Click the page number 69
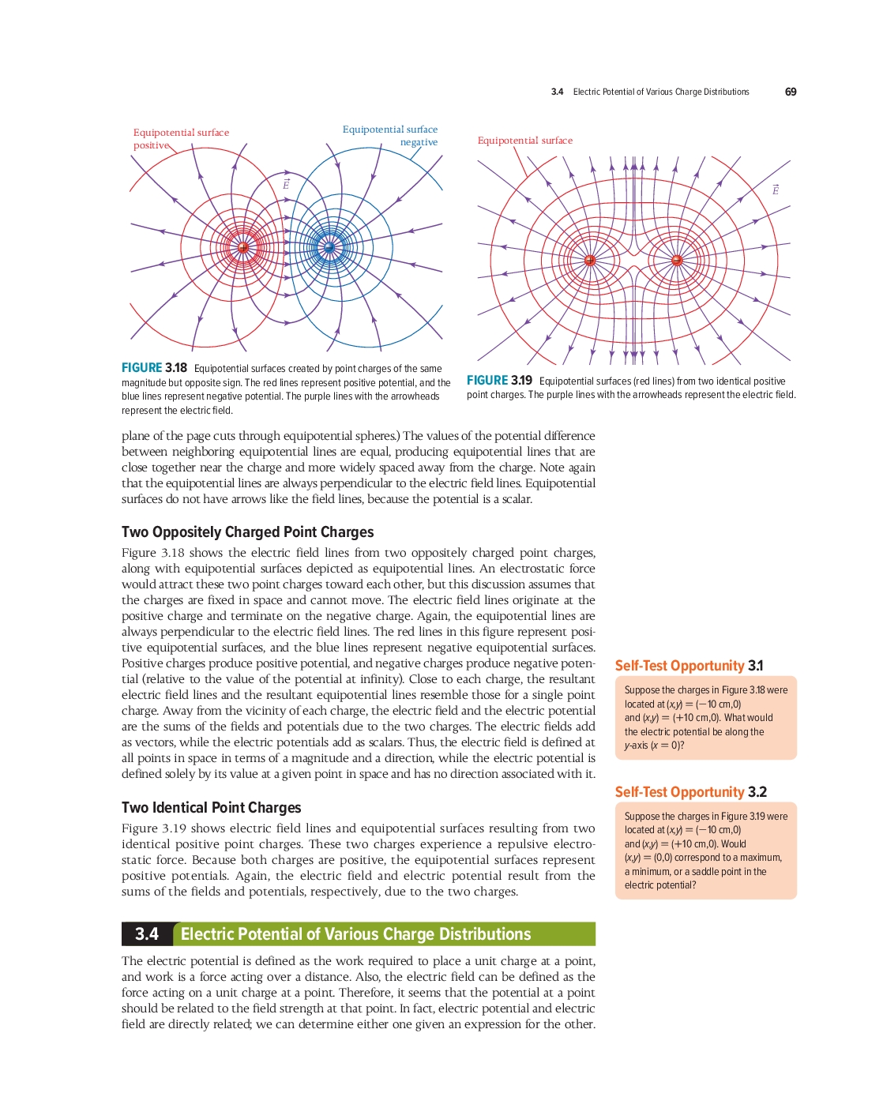click(790, 92)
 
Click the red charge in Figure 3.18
click(243, 248)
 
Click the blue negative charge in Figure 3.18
click(329, 248)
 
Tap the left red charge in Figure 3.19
click(589, 261)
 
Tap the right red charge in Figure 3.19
click(676, 261)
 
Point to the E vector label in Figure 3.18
click(286, 184)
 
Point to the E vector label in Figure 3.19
click(776, 190)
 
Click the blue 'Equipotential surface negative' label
click(390, 135)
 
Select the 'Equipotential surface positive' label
click(181, 138)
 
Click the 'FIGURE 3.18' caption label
click(154, 368)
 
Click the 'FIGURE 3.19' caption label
click(499, 381)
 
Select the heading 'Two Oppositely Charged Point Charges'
click(247, 532)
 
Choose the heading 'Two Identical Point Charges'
click(211, 808)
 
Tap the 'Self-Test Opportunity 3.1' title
click(689, 666)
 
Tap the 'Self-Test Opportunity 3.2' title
click(690, 792)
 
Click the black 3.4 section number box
click(147, 934)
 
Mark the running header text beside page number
click(650, 92)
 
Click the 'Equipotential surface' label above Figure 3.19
click(524, 141)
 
